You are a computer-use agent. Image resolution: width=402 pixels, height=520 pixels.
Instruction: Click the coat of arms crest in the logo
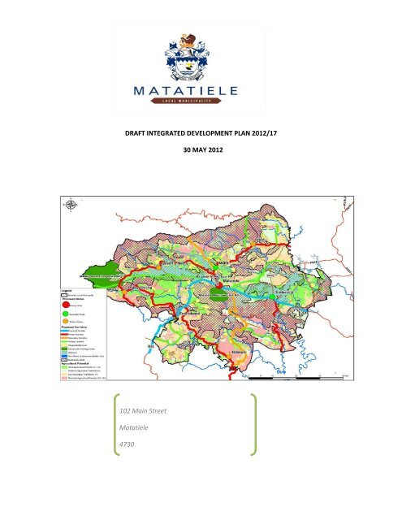point(200,50)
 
